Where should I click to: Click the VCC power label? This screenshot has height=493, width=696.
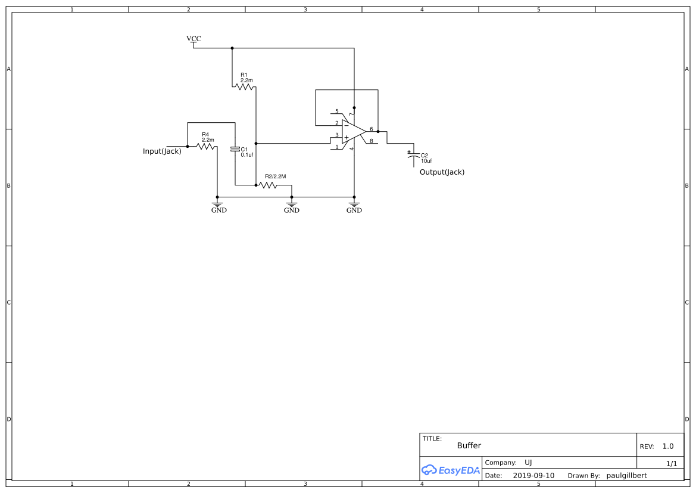point(193,39)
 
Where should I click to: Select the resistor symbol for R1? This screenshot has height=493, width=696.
point(244,87)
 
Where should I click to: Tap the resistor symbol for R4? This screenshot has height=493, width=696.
point(206,146)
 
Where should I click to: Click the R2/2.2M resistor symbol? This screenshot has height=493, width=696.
point(268,185)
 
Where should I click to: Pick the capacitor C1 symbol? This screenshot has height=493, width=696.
point(235,148)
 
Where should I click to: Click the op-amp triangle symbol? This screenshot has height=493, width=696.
point(353,132)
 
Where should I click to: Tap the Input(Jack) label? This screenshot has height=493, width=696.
point(162,151)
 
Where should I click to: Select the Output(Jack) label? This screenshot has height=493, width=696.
point(442,172)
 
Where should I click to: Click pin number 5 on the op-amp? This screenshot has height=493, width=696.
point(336,111)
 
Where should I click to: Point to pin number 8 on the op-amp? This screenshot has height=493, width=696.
point(372,141)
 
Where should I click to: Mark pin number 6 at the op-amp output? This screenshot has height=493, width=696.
point(372,129)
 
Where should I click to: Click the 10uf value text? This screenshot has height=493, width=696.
point(426,161)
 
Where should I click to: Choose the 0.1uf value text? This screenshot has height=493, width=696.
point(247,154)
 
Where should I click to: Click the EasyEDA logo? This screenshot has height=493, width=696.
point(451,470)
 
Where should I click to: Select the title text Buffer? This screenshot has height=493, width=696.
point(469,446)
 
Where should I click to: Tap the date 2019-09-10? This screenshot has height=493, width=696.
point(533,476)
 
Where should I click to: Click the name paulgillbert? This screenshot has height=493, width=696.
point(626,476)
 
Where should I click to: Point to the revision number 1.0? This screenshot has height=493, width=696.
point(668,447)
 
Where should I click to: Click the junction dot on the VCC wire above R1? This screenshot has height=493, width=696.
point(232,48)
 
